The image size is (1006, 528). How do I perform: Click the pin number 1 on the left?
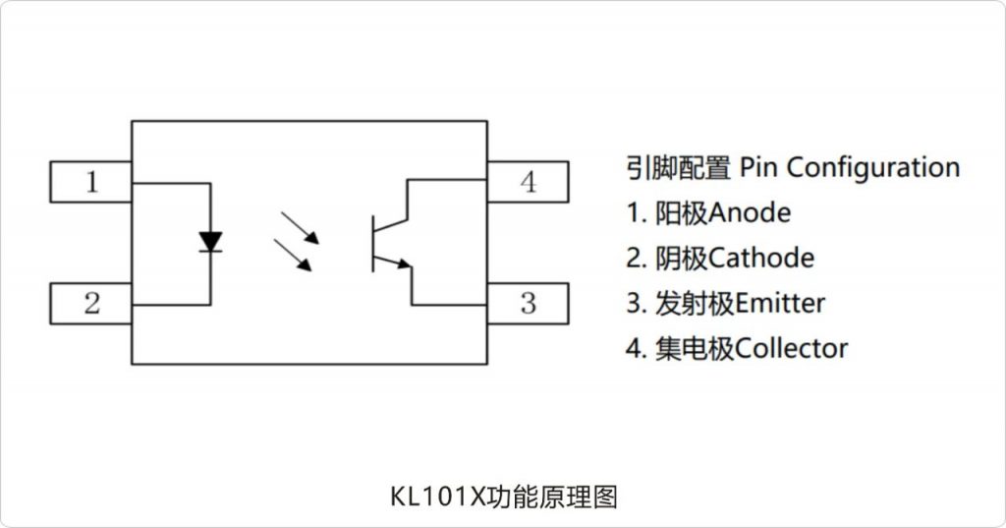(91, 182)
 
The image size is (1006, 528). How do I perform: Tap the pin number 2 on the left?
(91, 303)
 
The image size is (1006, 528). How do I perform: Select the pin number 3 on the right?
(528, 303)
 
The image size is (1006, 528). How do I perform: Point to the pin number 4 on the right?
(528, 182)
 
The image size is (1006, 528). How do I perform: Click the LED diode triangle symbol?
(210, 242)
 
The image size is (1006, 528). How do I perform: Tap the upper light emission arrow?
(300, 228)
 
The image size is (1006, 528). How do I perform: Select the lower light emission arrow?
(293, 255)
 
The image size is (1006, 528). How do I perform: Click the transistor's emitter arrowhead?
(404, 263)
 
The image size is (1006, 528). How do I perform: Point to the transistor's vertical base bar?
(372, 244)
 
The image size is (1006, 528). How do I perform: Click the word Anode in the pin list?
(750, 212)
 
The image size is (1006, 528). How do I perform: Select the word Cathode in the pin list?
(761, 258)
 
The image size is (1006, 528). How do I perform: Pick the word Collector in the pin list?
(791, 348)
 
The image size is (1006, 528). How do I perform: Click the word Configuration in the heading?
(873, 168)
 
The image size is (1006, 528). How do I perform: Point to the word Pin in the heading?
(759, 167)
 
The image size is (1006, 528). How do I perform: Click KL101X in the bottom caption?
(437, 498)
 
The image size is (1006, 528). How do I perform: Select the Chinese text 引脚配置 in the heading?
(678, 168)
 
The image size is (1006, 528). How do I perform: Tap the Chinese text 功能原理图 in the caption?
(551, 498)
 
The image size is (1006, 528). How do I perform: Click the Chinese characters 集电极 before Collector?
(695, 348)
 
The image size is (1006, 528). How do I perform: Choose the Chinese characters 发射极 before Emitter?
(695, 303)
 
